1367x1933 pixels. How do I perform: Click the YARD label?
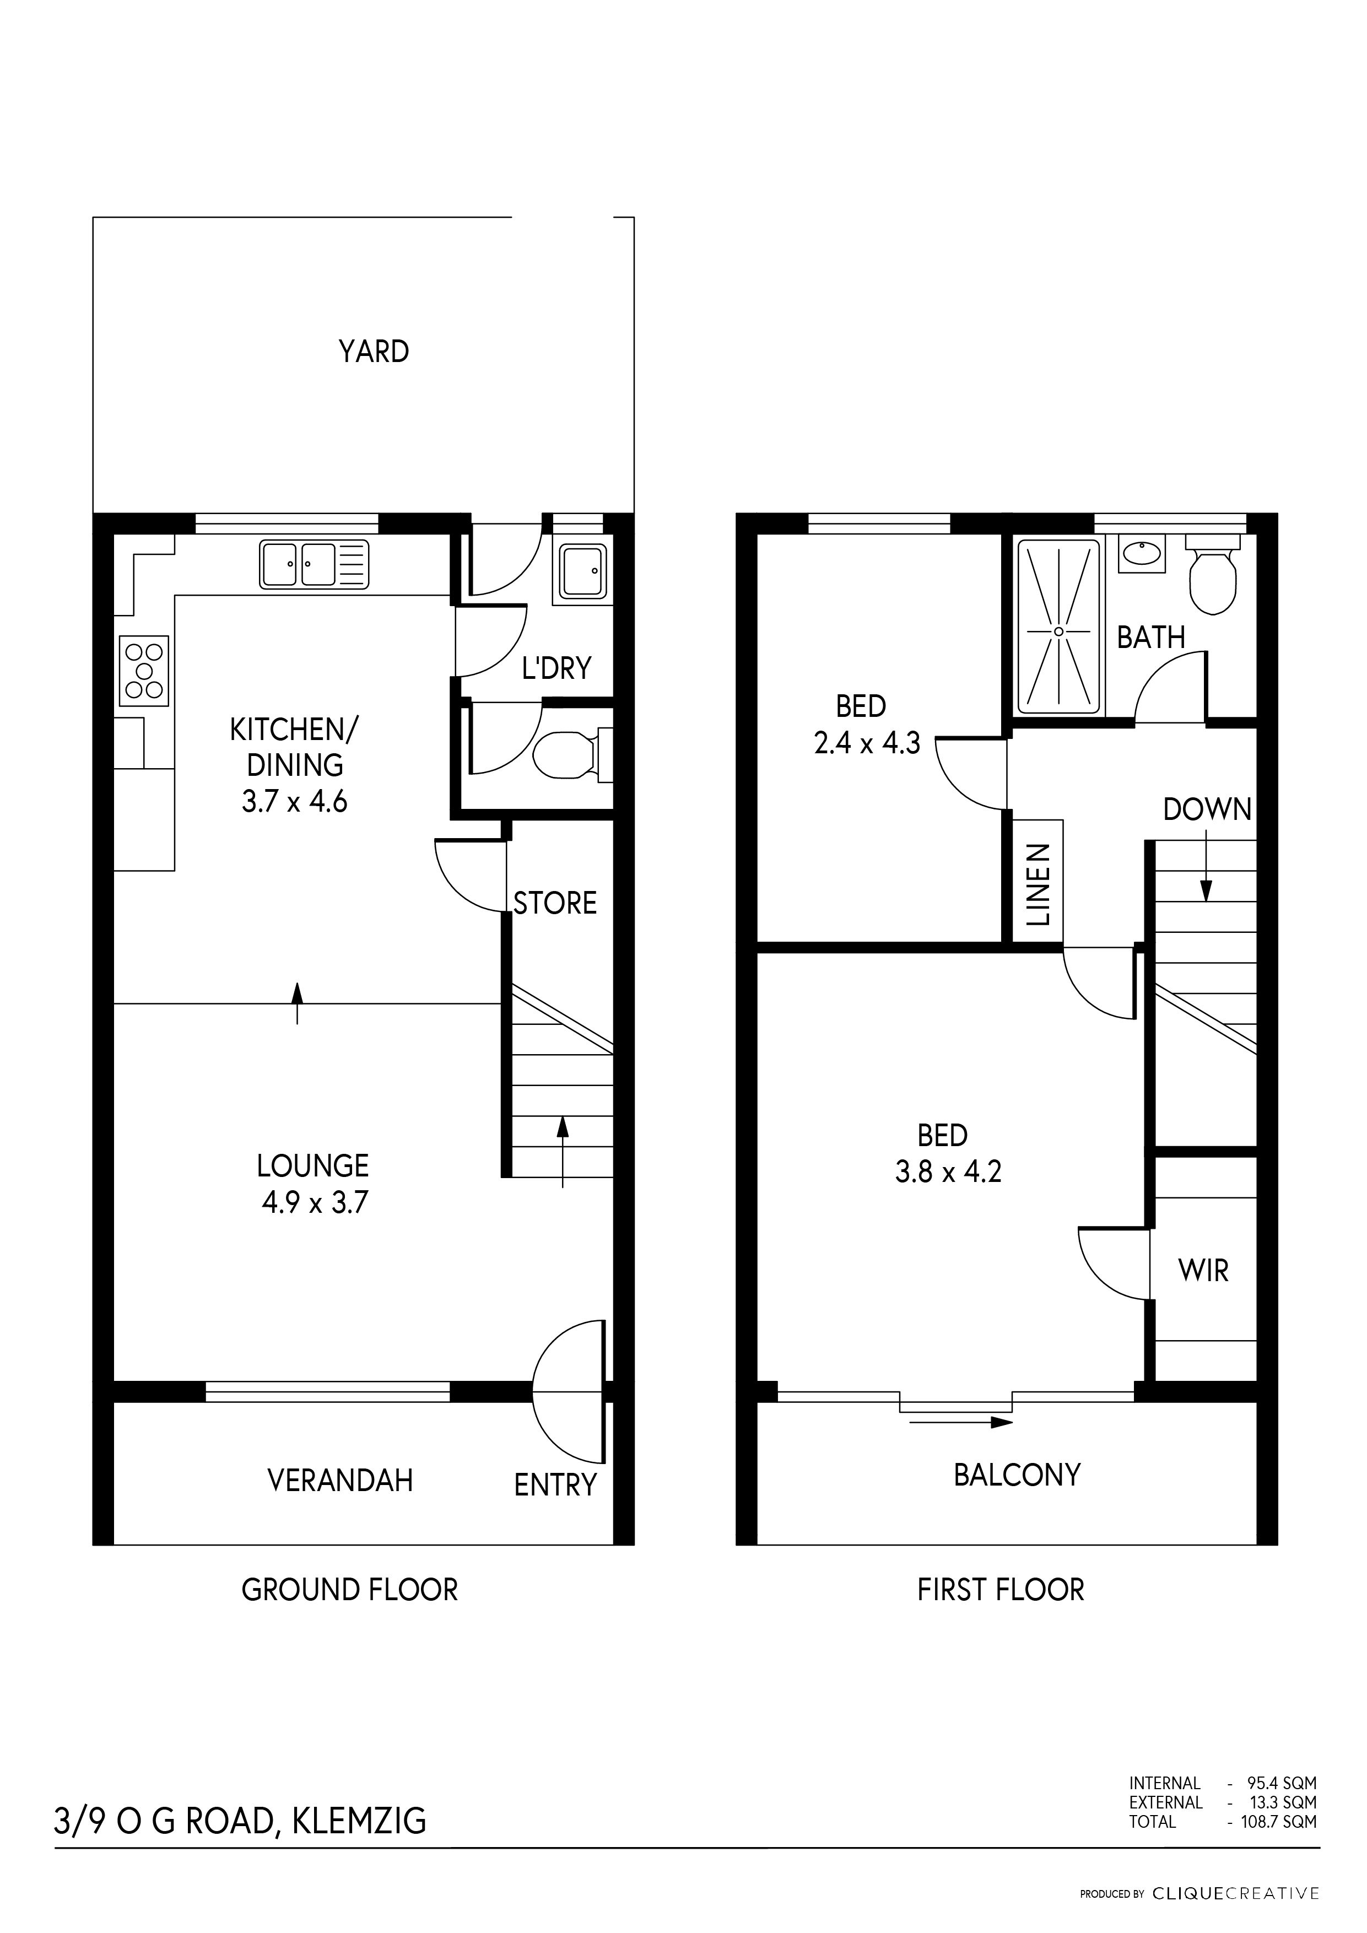pos(374,351)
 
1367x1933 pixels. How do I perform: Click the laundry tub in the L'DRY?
pos(583,571)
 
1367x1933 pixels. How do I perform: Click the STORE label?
pos(555,903)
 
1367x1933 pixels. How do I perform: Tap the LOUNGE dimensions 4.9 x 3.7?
pos(315,1203)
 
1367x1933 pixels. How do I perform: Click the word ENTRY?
pos(555,1485)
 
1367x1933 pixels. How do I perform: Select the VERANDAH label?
pos(340,1480)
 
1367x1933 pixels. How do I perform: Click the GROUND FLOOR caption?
pos(349,1590)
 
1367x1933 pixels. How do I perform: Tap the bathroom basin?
pos(1142,553)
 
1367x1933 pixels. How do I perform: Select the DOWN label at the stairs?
pos(1207,810)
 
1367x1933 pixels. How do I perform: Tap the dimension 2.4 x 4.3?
pos(867,743)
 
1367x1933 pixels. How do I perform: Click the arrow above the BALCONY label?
pos(960,1422)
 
